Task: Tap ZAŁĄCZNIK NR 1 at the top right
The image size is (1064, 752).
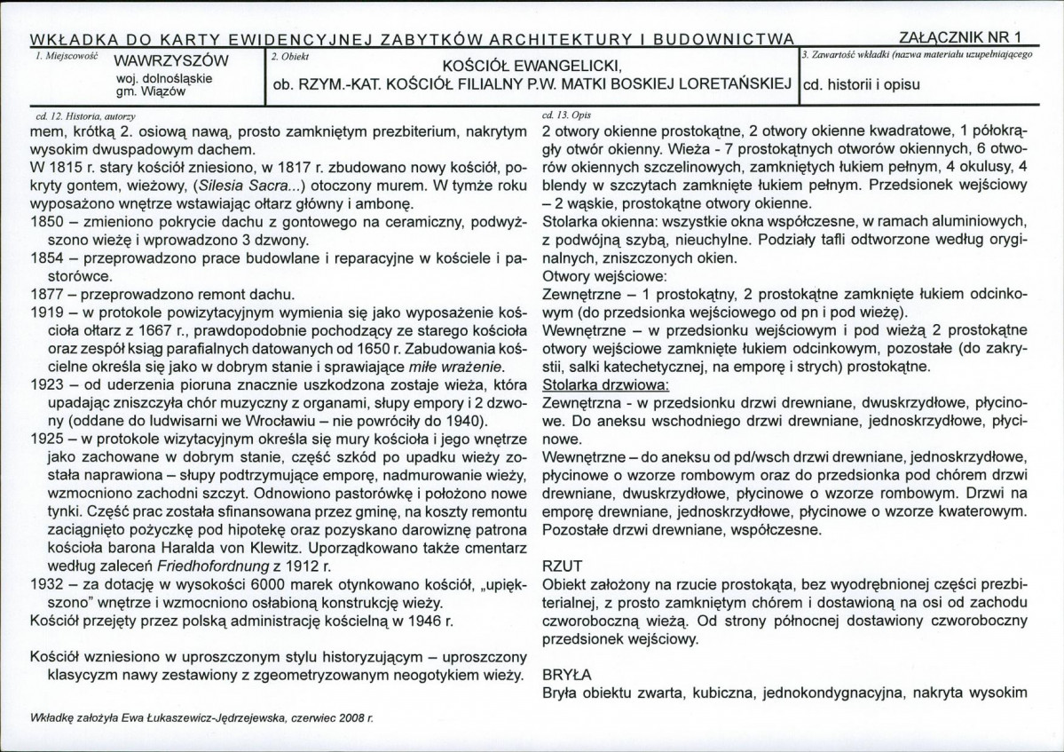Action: point(960,37)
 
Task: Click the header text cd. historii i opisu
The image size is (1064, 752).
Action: point(861,86)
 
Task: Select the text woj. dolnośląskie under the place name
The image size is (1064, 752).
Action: point(158,78)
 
